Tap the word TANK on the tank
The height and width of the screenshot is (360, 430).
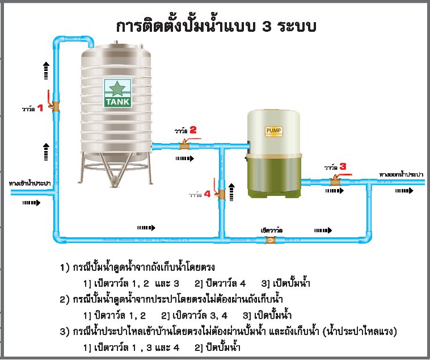pos(117,102)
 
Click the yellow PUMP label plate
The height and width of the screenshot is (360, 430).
pos(273,131)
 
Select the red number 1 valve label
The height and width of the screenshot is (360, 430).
pos(40,108)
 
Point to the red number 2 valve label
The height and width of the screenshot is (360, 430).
pos(193,130)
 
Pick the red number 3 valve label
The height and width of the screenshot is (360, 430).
pos(343,166)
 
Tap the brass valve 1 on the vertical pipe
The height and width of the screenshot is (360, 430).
pos(56,106)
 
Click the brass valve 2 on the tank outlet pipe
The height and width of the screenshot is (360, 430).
pos(184,145)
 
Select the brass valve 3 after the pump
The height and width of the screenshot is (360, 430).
pos(335,182)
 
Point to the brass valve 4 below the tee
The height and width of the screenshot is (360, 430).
pos(220,195)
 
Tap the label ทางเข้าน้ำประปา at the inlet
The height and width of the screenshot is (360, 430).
pos(30,183)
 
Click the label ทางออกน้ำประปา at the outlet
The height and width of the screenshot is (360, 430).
pos(402,174)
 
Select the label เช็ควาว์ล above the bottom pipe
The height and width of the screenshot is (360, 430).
pos(272,229)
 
